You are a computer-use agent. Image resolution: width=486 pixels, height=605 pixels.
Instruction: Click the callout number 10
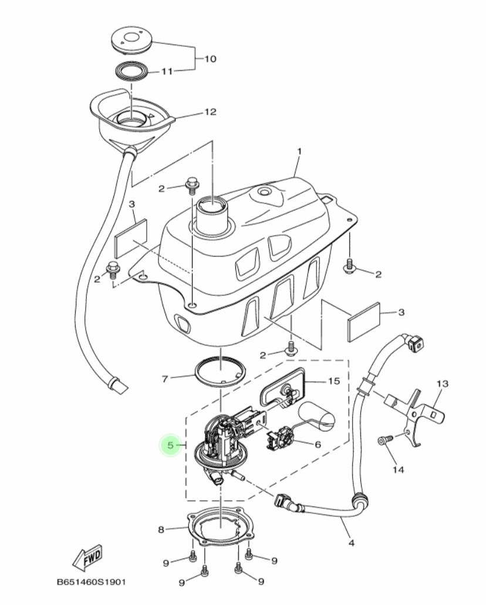tap(210, 59)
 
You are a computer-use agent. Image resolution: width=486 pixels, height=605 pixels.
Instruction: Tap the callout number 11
tap(167, 72)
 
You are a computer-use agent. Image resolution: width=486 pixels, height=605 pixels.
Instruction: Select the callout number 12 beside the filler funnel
tap(210, 112)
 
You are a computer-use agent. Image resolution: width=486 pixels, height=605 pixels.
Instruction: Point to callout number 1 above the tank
tap(299, 151)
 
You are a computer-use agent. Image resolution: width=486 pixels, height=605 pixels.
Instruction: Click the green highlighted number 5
tap(170, 446)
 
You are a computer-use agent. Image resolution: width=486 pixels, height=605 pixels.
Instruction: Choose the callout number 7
tap(165, 379)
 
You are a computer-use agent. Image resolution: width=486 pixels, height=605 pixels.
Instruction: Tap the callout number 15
tap(334, 381)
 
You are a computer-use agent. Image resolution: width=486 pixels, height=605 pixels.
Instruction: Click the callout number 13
tap(443, 383)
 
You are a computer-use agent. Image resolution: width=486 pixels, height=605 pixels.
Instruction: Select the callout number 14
tap(399, 470)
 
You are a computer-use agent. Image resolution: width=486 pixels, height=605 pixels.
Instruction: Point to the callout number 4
tap(351, 543)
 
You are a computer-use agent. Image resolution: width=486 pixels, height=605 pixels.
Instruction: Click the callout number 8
tap(161, 529)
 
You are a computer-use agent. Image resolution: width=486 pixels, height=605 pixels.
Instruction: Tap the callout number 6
tap(318, 444)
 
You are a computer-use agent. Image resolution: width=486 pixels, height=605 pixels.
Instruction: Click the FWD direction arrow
tap(87, 558)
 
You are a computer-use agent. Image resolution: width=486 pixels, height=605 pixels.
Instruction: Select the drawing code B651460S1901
tap(91, 582)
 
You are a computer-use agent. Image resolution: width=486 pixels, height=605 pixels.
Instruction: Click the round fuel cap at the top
tap(132, 40)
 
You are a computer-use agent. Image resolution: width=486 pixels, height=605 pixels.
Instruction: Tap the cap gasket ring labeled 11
tap(132, 72)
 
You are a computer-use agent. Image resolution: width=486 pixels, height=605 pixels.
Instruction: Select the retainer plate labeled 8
tap(220, 526)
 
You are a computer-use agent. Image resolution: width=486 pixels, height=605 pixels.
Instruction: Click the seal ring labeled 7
tap(220, 372)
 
